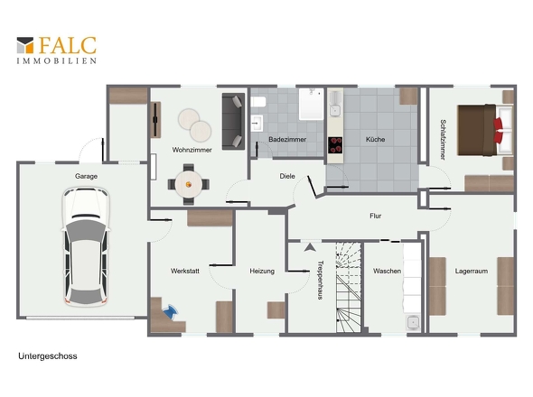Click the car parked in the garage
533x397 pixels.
(86, 247)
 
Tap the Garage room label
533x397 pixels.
(87, 176)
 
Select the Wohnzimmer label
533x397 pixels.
(192, 150)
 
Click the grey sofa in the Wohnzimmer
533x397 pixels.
(233, 121)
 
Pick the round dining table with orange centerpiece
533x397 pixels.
(189, 184)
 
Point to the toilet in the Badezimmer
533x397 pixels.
(258, 102)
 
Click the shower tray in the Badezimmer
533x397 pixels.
(311, 104)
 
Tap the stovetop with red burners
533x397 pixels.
(335, 145)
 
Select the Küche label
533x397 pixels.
(375, 139)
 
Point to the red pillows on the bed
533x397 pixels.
(498, 130)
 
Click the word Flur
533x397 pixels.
(375, 216)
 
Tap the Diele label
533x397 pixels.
(287, 176)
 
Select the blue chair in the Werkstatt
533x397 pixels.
(171, 311)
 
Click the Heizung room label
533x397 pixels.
(262, 271)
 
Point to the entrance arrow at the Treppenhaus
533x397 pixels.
(310, 247)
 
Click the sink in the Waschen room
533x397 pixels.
(413, 322)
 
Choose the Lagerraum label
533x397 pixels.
(472, 271)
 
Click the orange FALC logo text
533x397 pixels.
(68, 45)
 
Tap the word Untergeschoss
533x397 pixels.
(48, 355)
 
